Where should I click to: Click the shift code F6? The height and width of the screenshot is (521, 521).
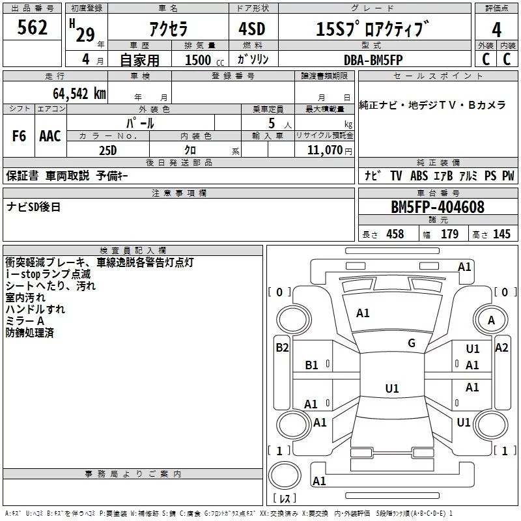19,136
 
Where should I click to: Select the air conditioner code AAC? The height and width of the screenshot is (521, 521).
50,136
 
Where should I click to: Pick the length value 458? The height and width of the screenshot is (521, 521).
395,234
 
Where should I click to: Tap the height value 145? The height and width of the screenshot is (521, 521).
501,234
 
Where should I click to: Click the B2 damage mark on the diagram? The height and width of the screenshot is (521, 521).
281,348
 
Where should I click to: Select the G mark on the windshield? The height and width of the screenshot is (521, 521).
412,343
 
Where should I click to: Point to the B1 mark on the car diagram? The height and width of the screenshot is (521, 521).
311,365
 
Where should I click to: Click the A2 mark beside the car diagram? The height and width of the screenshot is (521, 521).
501,348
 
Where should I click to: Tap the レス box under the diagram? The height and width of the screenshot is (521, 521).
284,499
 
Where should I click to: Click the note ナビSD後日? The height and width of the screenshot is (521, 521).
34,206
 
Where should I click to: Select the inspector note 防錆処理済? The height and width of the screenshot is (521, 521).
30,333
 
